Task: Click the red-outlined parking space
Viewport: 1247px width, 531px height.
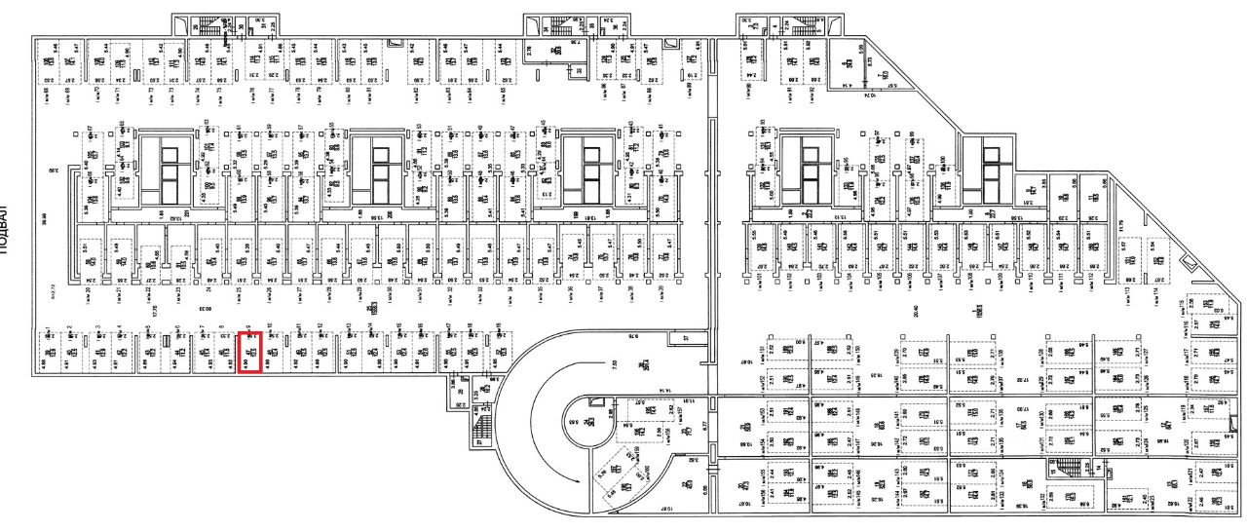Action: coord(249,353)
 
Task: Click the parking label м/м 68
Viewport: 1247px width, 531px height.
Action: coord(47,95)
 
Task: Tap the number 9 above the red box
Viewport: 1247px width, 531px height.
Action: coord(250,327)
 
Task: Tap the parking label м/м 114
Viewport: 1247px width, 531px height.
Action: coord(1155,289)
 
